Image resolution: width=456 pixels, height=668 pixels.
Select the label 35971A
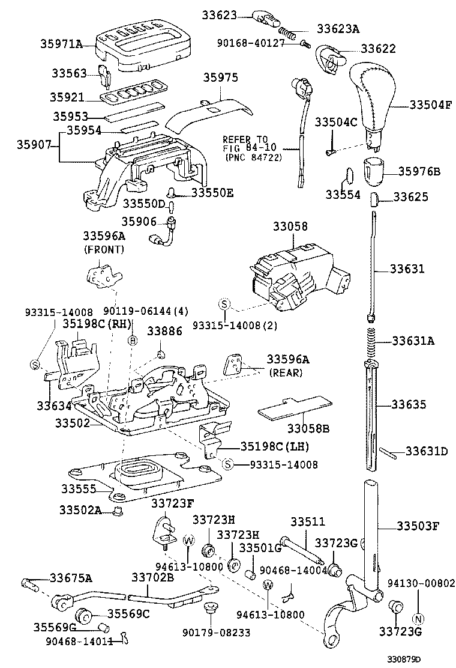tap(61, 44)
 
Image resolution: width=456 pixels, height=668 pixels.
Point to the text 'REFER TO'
tap(244, 138)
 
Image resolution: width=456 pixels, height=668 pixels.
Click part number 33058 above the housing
tap(290, 226)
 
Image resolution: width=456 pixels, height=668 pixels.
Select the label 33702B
tap(153, 577)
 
